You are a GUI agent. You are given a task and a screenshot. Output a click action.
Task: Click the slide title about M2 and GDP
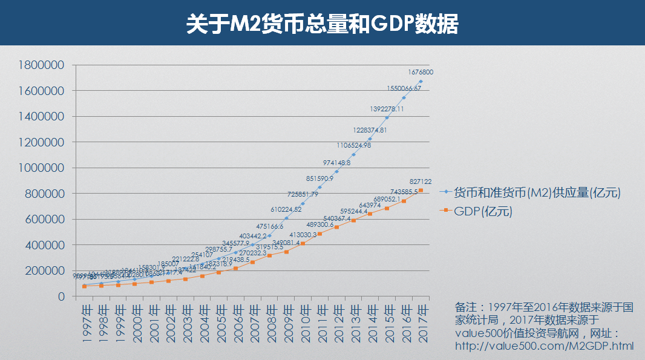pyautogui.click(x=322, y=24)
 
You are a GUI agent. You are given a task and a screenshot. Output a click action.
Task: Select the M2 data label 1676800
pyautogui.click(x=421, y=73)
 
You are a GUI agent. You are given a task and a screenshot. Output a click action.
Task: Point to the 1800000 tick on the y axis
pyautogui.click(x=42, y=65)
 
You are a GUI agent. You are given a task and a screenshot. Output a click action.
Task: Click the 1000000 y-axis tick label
pyautogui.click(x=42, y=168)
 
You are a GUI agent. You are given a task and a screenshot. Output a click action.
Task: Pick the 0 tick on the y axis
pyautogui.click(x=61, y=296)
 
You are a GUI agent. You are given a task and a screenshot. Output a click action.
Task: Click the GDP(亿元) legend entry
pyautogui.click(x=483, y=211)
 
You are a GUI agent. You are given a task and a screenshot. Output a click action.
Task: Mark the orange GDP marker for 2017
pyautogui.click(x=421, y=191)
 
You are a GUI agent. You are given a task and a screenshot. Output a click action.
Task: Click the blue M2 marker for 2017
pyautogui.click(x=421, y=81)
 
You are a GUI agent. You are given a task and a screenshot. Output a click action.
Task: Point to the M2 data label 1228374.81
pyautogui.click(x=370, y=130)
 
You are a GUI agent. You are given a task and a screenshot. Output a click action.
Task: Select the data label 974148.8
pyautogui.click(x=337, y=163)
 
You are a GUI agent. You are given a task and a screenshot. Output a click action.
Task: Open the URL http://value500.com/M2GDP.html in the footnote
pyautogui.click(x=545, y=347)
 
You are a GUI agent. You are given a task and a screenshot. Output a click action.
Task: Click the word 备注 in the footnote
pyautogui.click(x=466, y=307)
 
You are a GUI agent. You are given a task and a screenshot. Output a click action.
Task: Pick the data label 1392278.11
pyautogui.click(x=387, y=109)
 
